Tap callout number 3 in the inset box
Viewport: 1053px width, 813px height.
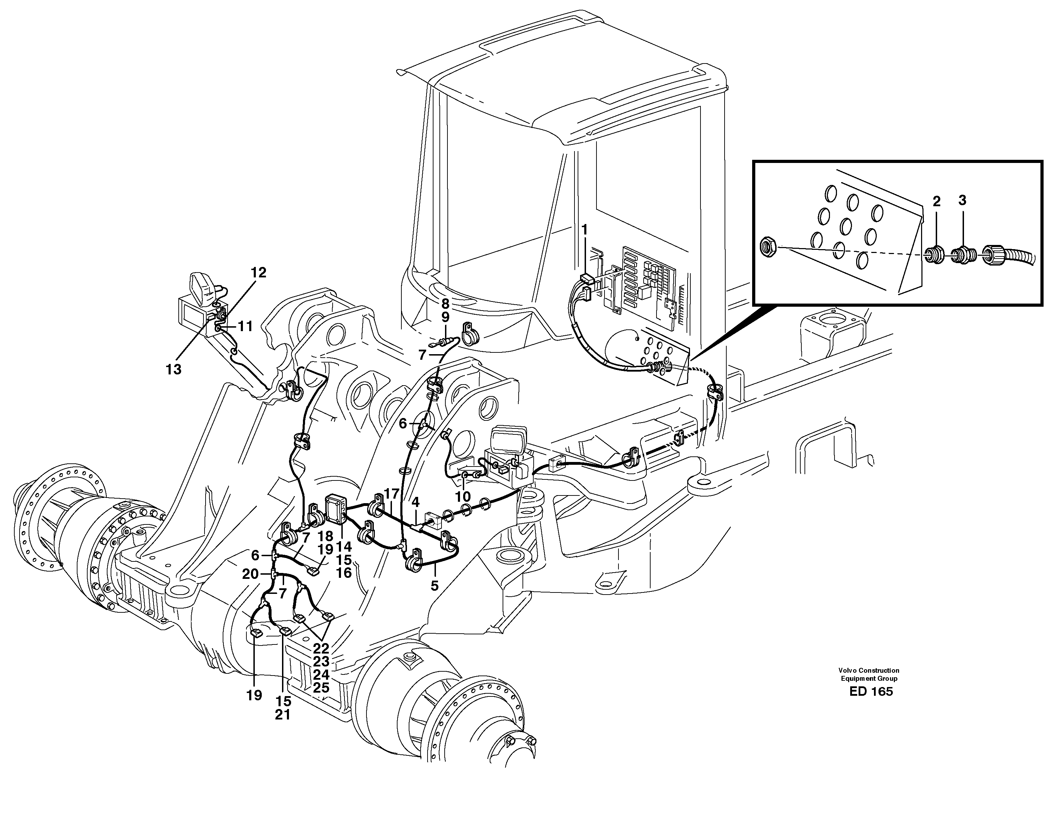point(962,201)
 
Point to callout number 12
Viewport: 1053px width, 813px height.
point(258,273)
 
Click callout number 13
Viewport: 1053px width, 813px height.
point(173,369)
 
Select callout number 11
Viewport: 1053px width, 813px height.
point(245,326)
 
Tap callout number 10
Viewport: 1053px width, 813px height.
point(463,497)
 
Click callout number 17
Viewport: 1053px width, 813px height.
point(392,494)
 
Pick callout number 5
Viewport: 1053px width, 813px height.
point(435,585)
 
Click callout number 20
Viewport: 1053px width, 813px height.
point(251,574)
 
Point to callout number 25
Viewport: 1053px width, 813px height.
point(321,688)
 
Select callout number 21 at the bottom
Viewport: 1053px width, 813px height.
point(283,715)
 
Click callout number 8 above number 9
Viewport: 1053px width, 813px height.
point(445,304)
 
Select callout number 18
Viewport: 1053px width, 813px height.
point(325,536)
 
